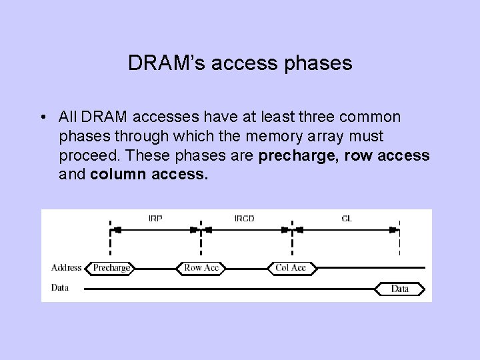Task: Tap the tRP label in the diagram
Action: coord(155,218)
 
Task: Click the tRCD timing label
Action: coord(244,218)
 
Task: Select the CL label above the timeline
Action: coord(346,218)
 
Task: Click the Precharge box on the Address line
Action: coord(111,268)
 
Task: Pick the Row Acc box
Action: coord(201,268)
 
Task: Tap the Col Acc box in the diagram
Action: coord(291,268)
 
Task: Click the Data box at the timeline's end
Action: coord(400,289)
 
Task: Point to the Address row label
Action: coord(66,268)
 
